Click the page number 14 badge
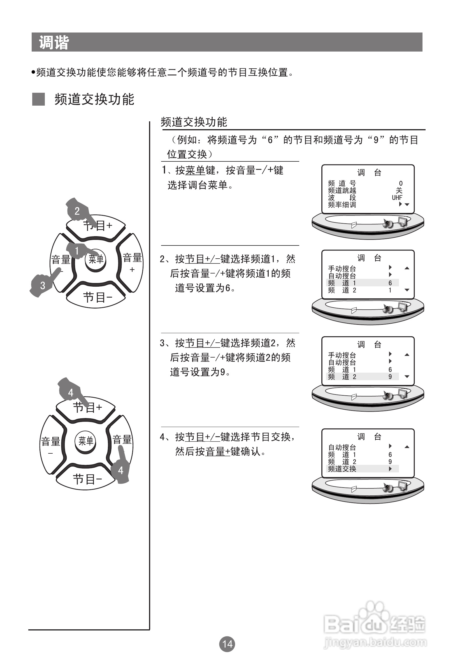click(x=227, y=644)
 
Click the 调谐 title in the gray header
click(x=54, y=43)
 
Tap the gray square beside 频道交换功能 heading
click(x=38, y=99)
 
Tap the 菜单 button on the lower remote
click(x=86, y=441)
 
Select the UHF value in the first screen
click(x=397, y=198)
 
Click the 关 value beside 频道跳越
click(x=399, y=191)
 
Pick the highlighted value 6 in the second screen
click(x=390, y=283)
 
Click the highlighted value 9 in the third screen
click(x=390, y=377)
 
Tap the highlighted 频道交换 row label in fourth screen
click(x=342, y=469)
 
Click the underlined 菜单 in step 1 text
click(x=195, y=170)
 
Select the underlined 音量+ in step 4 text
click(x=218, y=452)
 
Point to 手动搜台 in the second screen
click(x=342, y=268)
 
